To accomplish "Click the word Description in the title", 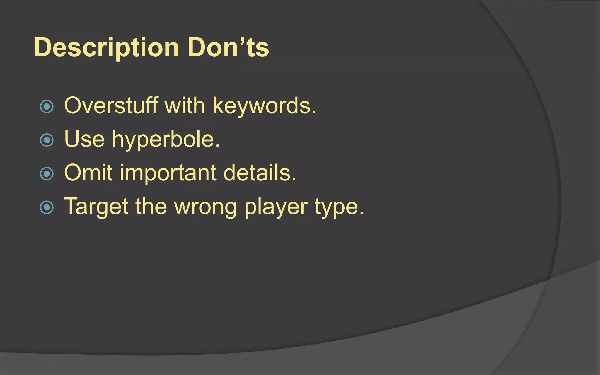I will coord(106,47).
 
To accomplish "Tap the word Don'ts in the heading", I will coord(228,47).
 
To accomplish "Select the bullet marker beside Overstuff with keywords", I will coord(47,106).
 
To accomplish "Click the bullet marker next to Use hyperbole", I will coord(47,140).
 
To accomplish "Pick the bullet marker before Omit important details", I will coord(47,174).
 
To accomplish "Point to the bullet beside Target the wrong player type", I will coord(47,207).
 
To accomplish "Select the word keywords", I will coord(264,106).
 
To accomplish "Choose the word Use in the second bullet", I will coord(84,139).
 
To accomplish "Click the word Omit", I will coord(88,173).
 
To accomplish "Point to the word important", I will coord(168,173).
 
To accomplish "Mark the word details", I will coord(260,173).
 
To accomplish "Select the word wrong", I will coord(205,208).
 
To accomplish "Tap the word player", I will coord(276,207).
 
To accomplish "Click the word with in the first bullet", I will coord(185,105).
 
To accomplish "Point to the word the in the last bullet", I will coord(151,207).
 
